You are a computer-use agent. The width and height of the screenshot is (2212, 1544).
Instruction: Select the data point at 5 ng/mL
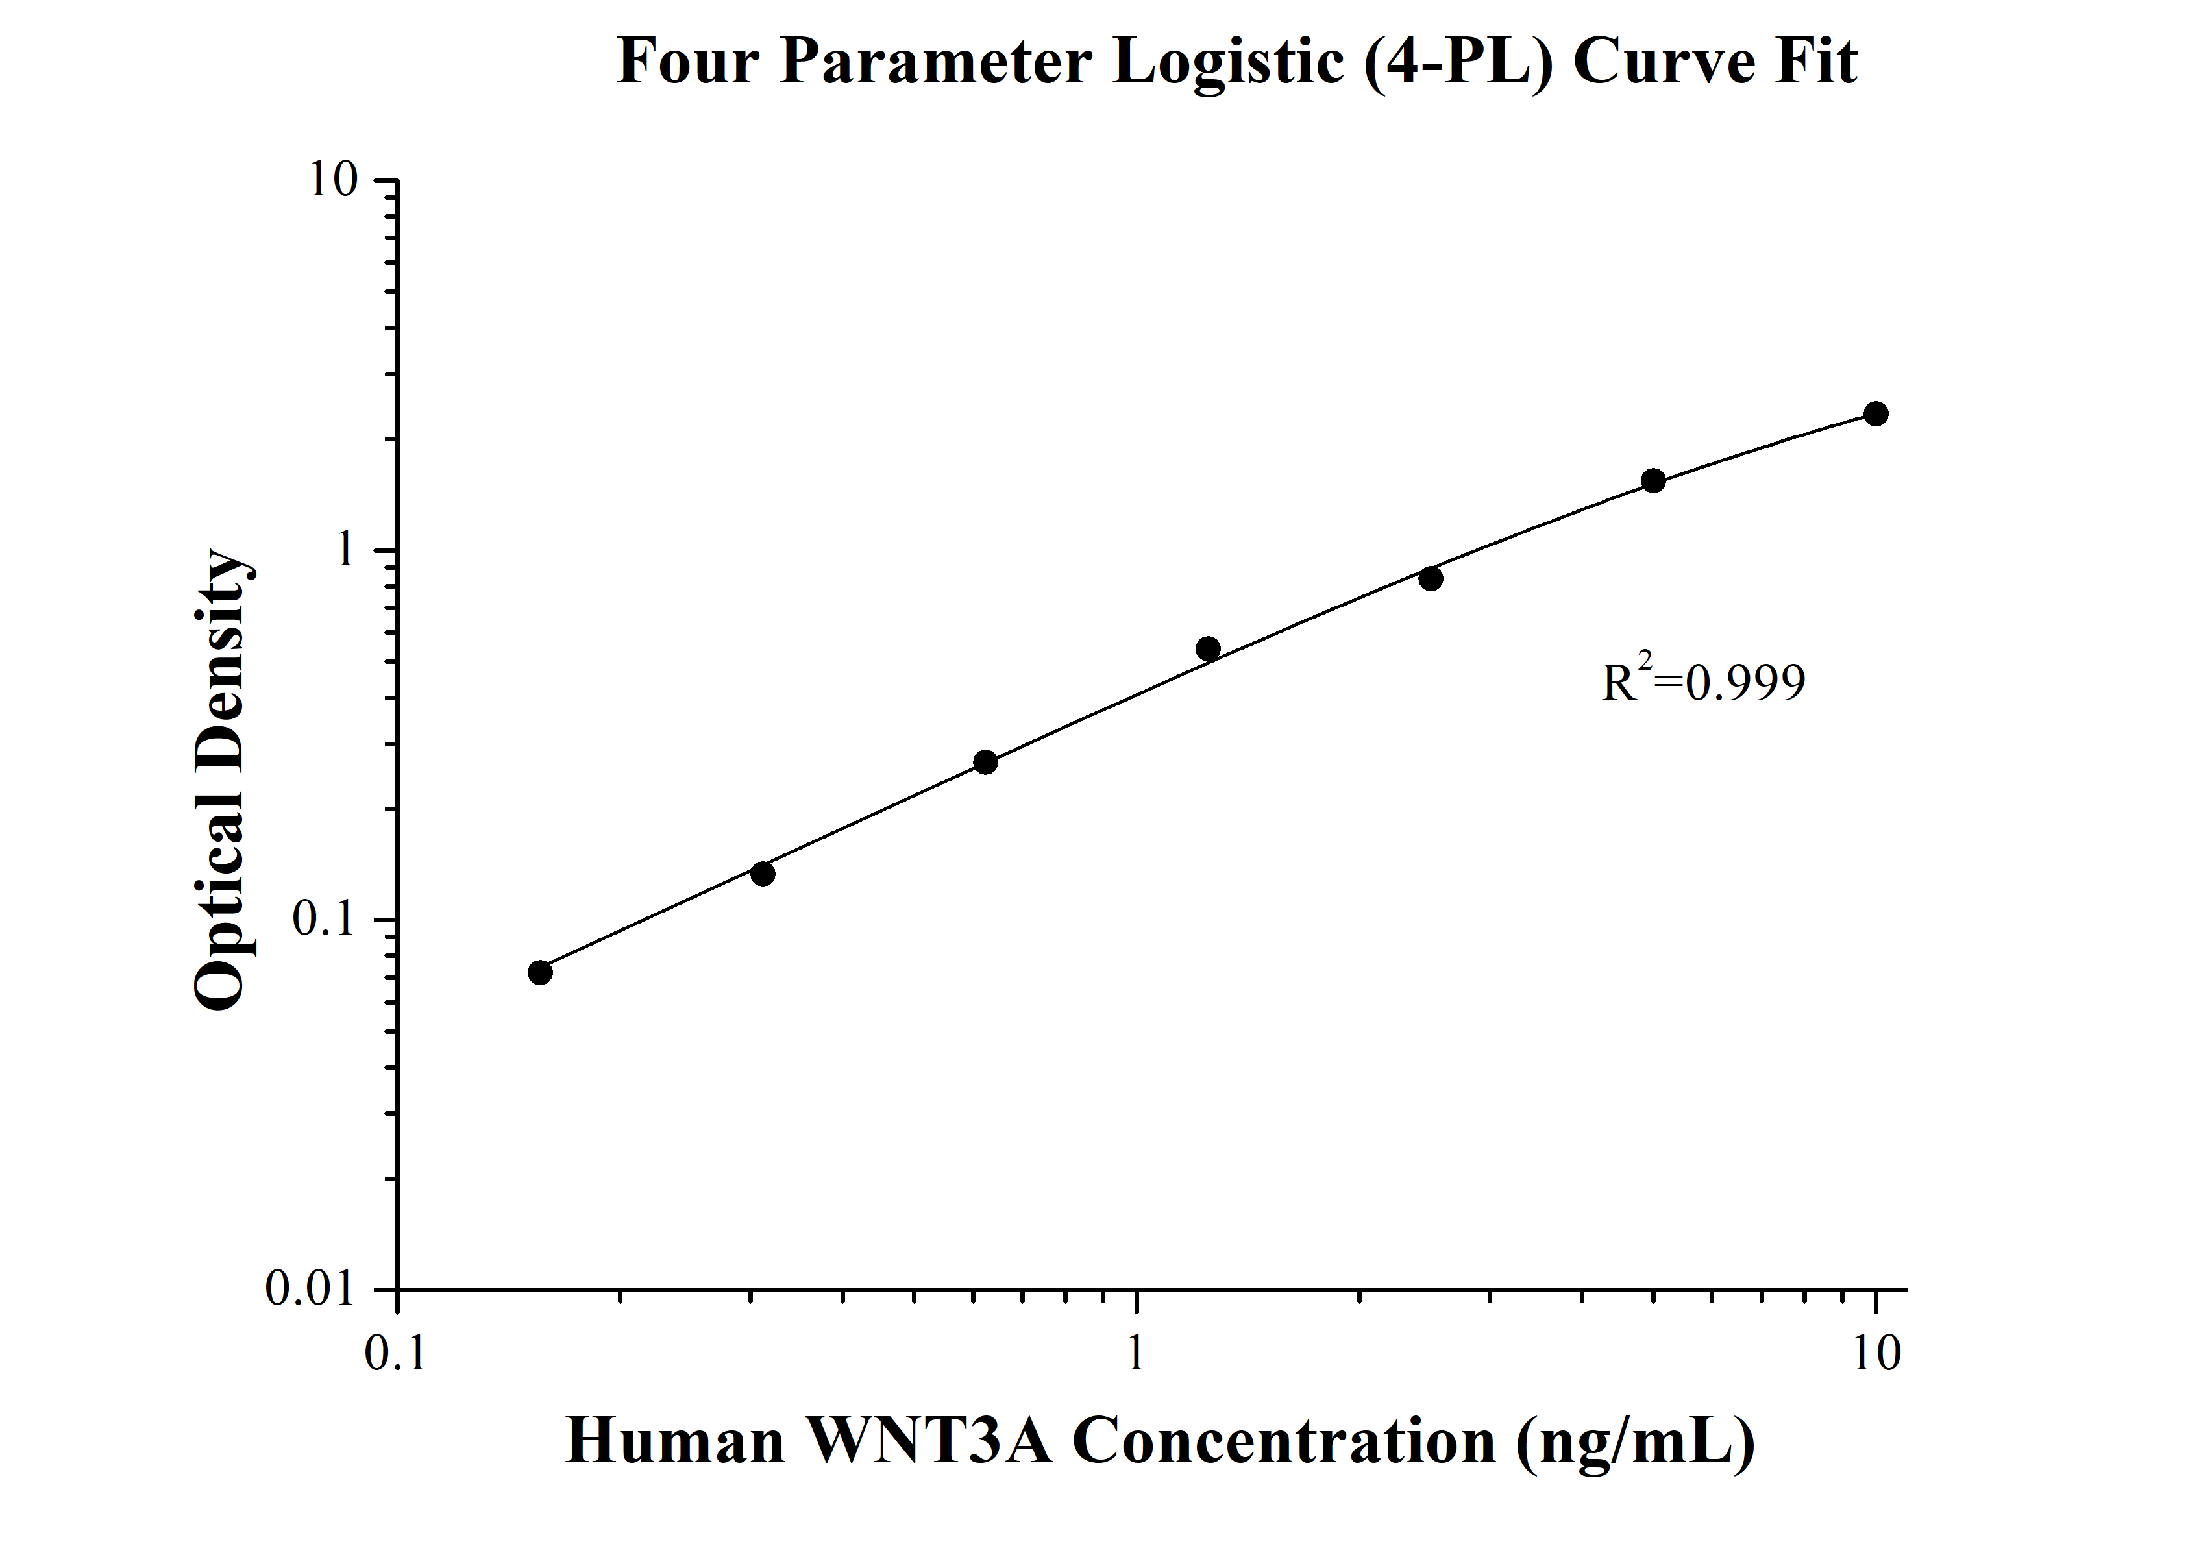click(x=1653, y=481)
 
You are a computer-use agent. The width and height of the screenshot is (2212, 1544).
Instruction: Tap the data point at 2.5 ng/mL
click(x=1431, y=578)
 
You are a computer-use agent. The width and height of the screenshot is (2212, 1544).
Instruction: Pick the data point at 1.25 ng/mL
click(x=1208, y=648)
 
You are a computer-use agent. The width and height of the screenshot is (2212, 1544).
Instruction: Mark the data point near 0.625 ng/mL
click(x=985, y=763)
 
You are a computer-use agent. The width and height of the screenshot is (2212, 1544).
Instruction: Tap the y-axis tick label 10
click(x=332, y=180)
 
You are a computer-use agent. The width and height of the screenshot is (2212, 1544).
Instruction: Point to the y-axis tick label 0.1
click(x=324, y=920)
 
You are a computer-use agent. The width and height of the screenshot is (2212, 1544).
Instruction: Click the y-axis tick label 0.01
click(x=310, y=1289)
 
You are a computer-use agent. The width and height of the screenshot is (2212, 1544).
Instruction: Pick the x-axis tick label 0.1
click(x=396, y=1353)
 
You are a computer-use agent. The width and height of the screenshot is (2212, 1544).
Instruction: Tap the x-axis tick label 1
click(x=1136, y=1353)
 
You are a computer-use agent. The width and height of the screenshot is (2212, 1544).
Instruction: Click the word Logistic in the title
click(x=1227, y=62)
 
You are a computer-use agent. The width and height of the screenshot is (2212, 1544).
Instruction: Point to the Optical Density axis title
click(x=221, y=780)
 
